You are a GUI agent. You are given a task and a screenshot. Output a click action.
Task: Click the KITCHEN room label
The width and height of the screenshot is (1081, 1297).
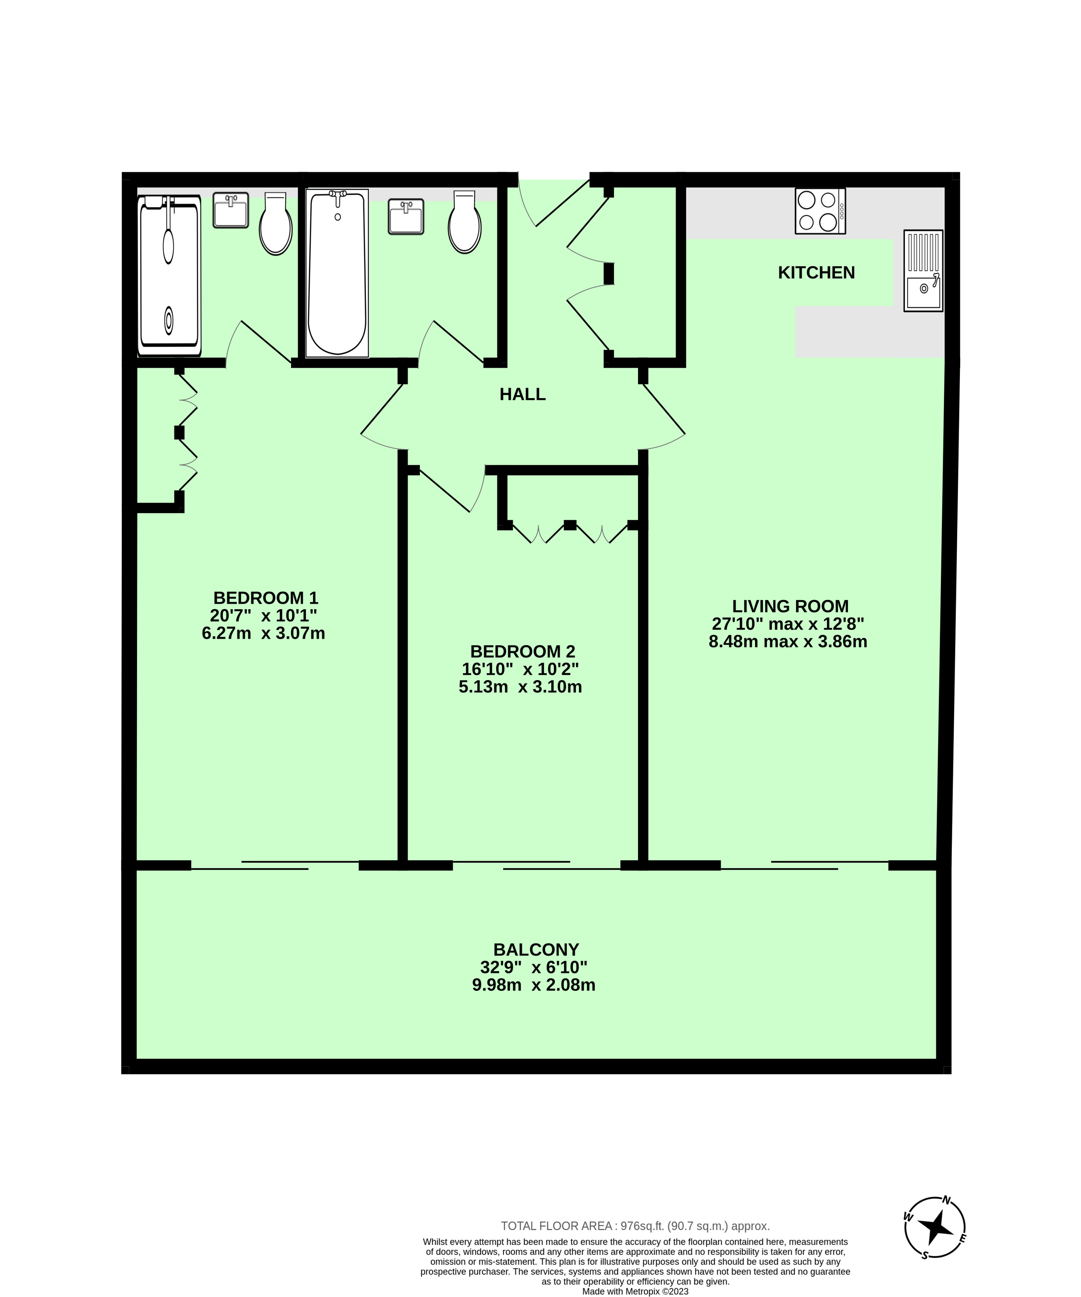point(816,272)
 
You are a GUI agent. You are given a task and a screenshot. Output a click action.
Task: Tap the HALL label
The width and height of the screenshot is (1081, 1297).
point(522,394)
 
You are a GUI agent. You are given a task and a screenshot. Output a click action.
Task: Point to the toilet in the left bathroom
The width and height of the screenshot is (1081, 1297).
point(275,223)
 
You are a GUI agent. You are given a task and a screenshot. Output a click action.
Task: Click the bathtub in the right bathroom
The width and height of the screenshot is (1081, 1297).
point(337,273)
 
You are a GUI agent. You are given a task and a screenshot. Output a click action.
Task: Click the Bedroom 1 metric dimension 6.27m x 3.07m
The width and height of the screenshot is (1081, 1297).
point(264,633)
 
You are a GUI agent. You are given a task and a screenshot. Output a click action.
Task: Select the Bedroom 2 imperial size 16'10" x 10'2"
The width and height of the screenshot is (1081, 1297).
point(520,669)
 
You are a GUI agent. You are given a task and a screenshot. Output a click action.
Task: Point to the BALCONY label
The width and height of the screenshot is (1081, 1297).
point(536,949)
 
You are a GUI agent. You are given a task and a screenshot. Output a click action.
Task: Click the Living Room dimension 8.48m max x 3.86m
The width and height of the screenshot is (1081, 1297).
point(788,641)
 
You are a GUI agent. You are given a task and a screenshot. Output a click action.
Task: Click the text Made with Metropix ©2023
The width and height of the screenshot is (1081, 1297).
point(635,1291)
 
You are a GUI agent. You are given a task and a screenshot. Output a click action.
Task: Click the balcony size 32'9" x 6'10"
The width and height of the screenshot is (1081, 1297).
point(534,967)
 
